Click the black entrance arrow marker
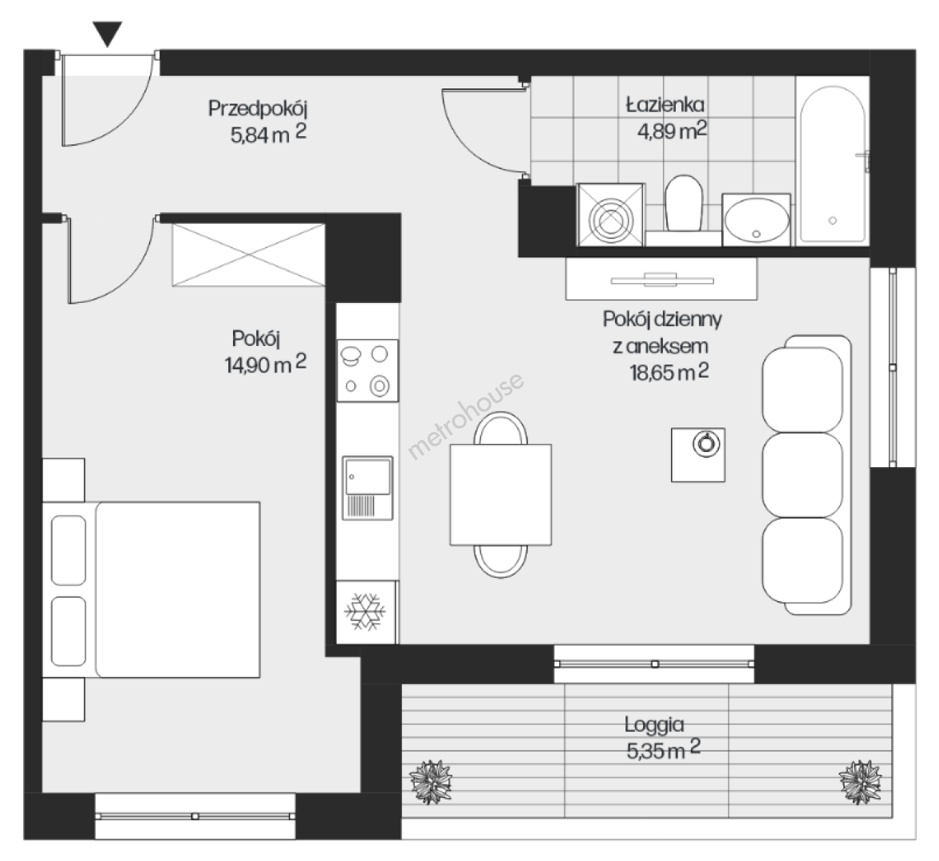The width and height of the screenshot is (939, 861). tap(108, 33)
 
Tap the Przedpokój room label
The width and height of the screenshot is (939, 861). tap(258, 109)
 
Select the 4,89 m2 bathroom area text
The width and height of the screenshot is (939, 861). tap(672, 131)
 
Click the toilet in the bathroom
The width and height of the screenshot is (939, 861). tap(684, 203)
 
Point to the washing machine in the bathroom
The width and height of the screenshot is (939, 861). tap(610, 214)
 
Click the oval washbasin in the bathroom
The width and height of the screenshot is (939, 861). tap(756, 219)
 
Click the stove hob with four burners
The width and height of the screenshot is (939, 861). tap(368, 371)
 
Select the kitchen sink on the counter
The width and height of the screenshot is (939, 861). tap(368, 488)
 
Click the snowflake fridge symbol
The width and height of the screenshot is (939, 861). tap(365, 611)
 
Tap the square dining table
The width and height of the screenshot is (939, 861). tap(501, 494)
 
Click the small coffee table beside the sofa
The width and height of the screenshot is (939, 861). tap(698, 454)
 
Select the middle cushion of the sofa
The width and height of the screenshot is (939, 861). tap(803, 475)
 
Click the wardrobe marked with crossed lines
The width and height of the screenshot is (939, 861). tap(249, 255)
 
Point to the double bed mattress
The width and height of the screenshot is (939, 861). tap(178, 589)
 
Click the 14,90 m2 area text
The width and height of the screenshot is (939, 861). tap(266, 364)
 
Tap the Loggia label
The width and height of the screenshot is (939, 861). tap(654, 725)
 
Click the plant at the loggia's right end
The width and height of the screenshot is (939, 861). tap(860, 782)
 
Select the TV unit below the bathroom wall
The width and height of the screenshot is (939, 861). tap(661, 279)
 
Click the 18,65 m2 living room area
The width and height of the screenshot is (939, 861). tap(669, 372)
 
